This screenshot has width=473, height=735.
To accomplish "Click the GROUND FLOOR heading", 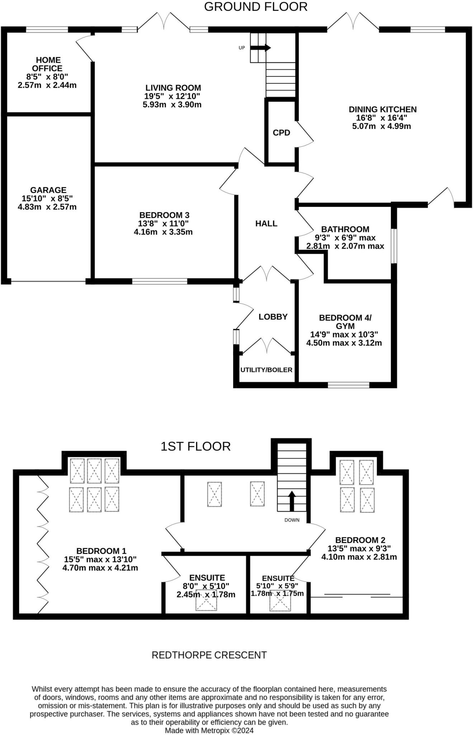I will (256, 7).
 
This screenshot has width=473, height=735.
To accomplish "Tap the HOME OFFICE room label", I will (47, 64).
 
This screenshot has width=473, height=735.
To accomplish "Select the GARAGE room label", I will (48, 190).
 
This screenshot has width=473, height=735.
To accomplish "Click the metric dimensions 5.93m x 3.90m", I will (172, 105).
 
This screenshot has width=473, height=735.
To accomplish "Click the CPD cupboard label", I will (281, 133).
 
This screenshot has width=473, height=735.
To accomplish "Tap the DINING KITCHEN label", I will (382, 109).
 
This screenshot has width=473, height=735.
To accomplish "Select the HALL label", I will (266, 224).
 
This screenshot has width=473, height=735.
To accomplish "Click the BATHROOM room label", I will (345, 229).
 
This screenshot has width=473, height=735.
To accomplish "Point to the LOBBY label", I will (273, 317).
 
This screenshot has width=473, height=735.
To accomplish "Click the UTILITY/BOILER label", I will (266, 370).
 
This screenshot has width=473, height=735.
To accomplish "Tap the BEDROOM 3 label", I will (164, 215).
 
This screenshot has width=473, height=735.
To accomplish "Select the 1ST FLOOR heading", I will (195, 446).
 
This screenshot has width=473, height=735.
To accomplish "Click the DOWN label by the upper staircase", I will (292, 520).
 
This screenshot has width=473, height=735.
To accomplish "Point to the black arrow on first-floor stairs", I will (292, 501).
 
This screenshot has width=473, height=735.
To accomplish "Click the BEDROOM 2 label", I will (360, 540).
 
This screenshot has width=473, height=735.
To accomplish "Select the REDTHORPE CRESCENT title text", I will (209, 655).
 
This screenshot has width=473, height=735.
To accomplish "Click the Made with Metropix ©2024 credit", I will (209, 730).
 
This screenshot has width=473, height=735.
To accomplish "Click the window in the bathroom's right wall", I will (394, 246).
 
